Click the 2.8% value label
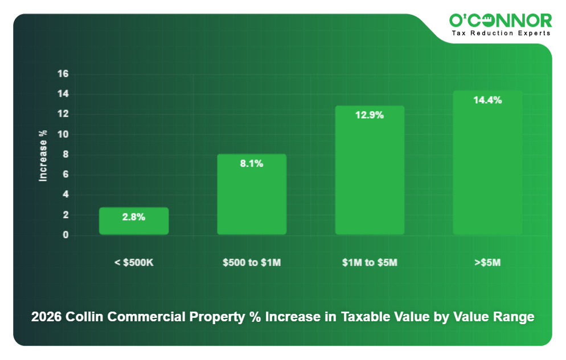point(134,217)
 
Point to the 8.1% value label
point(252,163)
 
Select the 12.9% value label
point(370,115)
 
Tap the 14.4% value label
point(487,100)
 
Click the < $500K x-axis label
point(134,263)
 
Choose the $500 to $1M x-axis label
point(252,263)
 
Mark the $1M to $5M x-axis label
point(370,263)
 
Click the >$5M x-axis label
point(487,263)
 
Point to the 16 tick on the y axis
point(63,74)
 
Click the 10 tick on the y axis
point(63,134)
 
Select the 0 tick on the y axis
point(65,235)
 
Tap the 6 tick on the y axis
point(65,174)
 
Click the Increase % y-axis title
point(43,155)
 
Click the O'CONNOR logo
point(500,21)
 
